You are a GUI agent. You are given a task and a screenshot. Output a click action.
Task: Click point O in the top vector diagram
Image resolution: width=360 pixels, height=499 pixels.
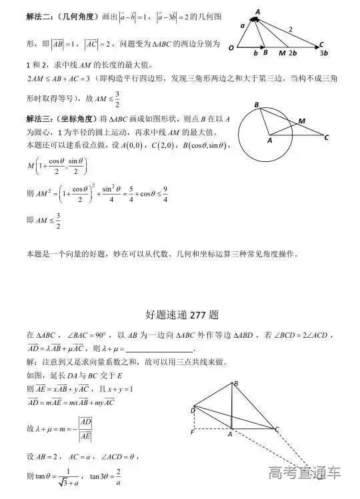pos(231,48)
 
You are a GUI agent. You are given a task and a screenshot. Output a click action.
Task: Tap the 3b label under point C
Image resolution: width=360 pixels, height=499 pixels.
pos(325,53)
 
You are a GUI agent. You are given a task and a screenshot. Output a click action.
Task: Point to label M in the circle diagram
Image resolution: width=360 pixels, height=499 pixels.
pos(302,121)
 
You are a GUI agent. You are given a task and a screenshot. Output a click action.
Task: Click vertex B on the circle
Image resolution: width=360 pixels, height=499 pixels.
pos(257,105)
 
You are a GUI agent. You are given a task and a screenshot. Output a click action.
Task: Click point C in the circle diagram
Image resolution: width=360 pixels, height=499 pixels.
pos(326,139)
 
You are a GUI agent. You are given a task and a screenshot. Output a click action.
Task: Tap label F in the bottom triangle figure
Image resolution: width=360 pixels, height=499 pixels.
pos(191,432)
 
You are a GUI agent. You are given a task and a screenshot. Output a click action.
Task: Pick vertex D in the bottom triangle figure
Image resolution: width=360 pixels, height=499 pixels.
pos(192,411)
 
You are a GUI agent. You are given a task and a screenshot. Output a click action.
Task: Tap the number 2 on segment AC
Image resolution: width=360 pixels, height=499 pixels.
pos(290,29)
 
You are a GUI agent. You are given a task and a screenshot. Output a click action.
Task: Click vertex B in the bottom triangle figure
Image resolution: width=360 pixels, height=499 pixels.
pos(235,383)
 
